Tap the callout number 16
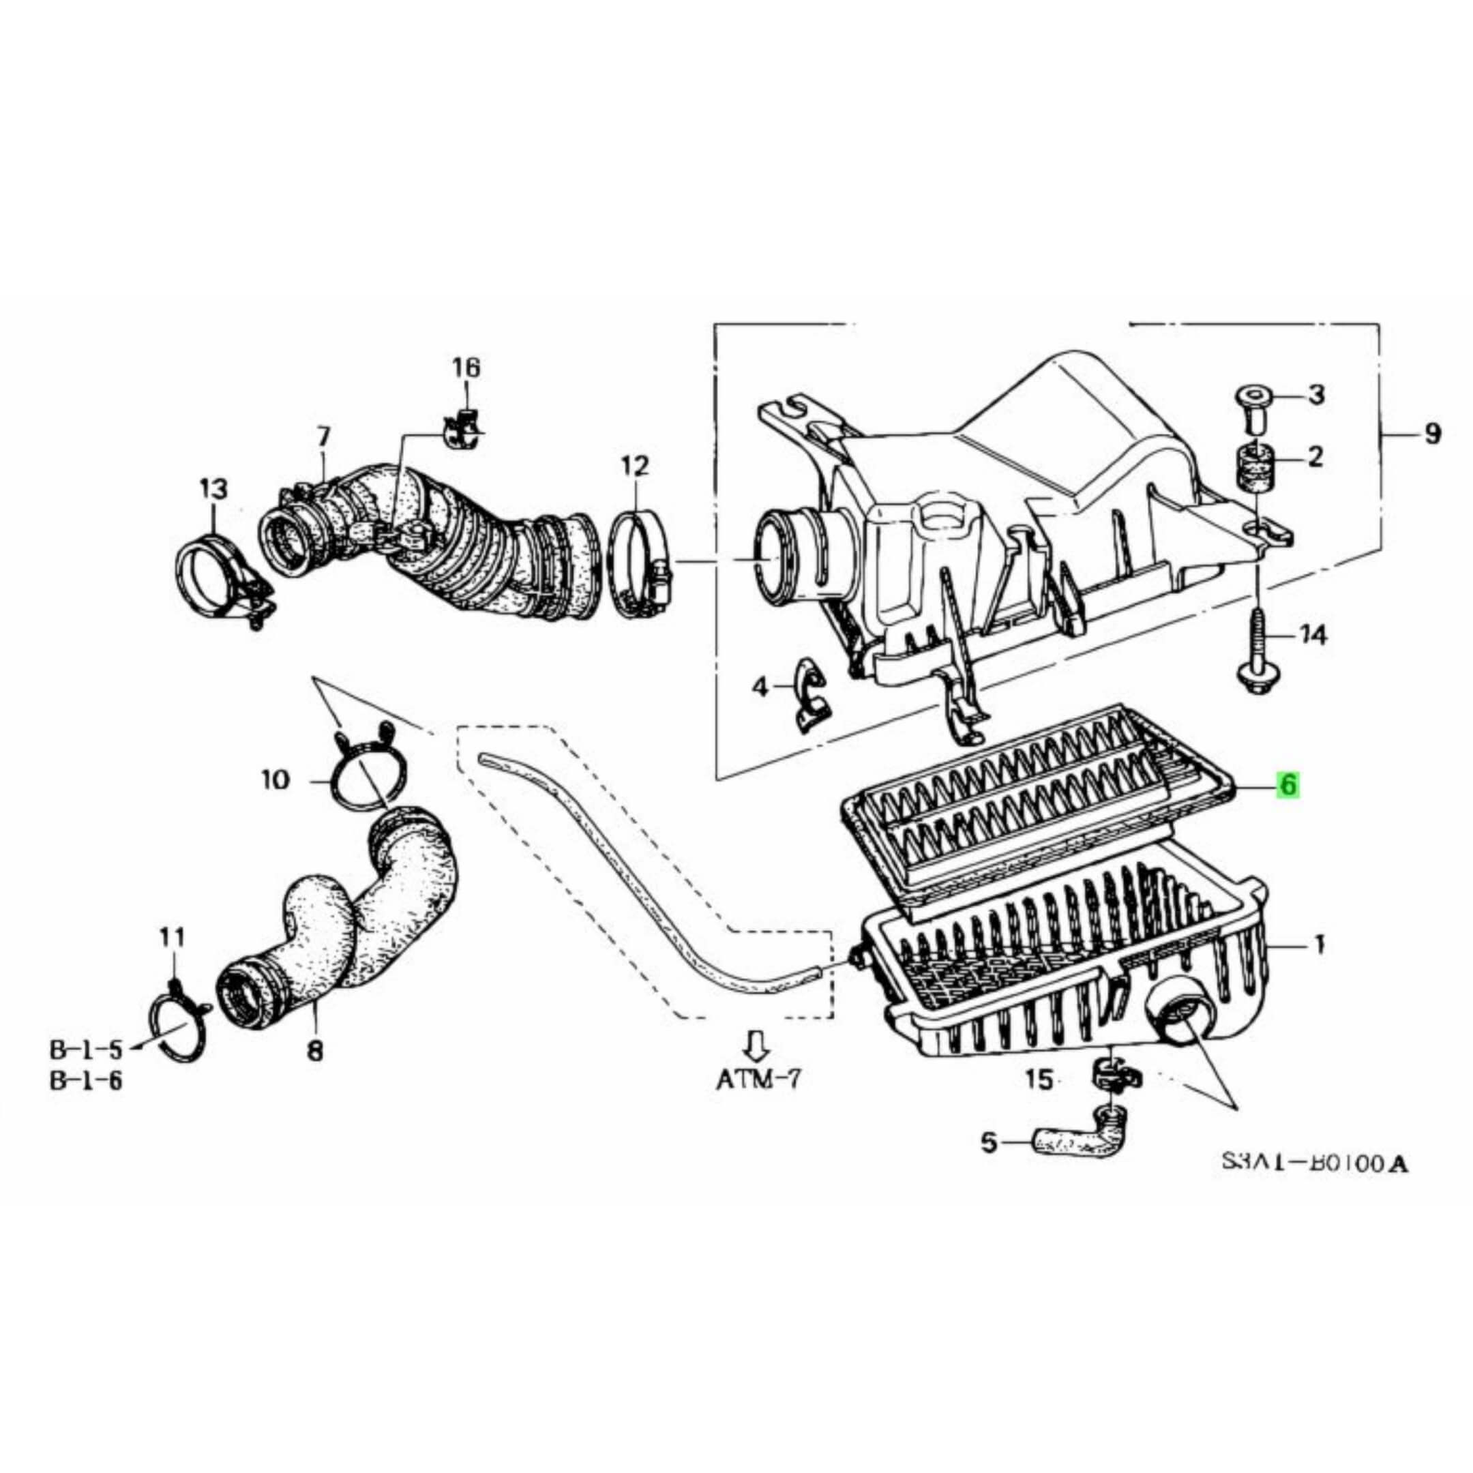pyautogui.click(x=466, y=368)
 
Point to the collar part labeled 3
pyautogui.click(x=1254, y=407)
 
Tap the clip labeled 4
pyautogui.click(x=809, y=696)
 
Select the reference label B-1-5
pyautogui.click(x=85, y=1050)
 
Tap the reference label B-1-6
pyautogui.click(x=85, y=1081)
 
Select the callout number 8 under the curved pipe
pyautogui.click(x=314, y=1052)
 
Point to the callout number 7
pyautogui.click(x=323, y=437)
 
